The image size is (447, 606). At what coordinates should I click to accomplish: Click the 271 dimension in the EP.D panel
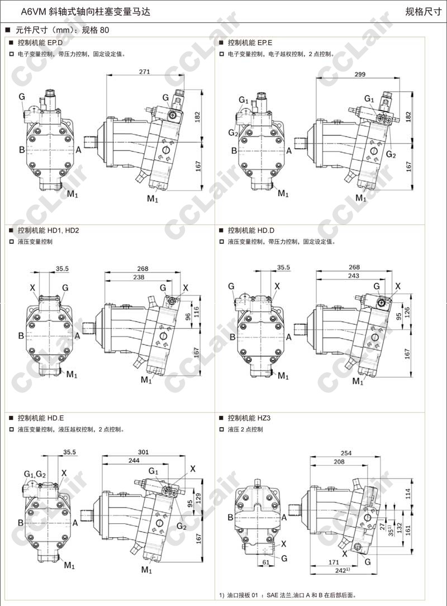pyautogui.click(x=145, y=72)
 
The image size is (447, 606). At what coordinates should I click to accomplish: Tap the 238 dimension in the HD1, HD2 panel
pyautogui.click(x=139, y=277)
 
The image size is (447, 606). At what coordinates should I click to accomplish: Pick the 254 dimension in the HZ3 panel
pyautogui.click(x=346, y=453)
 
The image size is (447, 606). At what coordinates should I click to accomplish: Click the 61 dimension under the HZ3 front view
pyautogui.click(x=267, y=561)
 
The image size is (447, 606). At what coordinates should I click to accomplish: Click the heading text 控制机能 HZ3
pyautogui.click(x=249, y=418)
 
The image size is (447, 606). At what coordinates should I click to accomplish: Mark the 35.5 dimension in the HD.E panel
pyautogui.click(x=70, y=452)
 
